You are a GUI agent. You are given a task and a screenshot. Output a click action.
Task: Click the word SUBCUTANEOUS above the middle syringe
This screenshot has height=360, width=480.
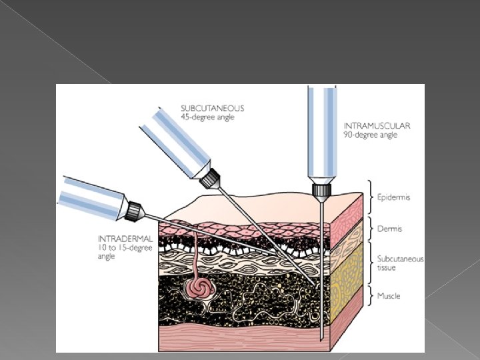[213, 108]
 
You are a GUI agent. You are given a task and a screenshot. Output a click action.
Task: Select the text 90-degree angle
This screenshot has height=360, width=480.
[371, 135]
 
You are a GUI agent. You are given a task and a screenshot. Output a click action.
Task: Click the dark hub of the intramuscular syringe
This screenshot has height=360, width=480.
[321, 193]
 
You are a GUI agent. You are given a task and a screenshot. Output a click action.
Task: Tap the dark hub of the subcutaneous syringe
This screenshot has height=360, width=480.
[211, 179]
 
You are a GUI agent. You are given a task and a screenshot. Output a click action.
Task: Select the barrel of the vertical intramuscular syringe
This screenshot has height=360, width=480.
[321, 133]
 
